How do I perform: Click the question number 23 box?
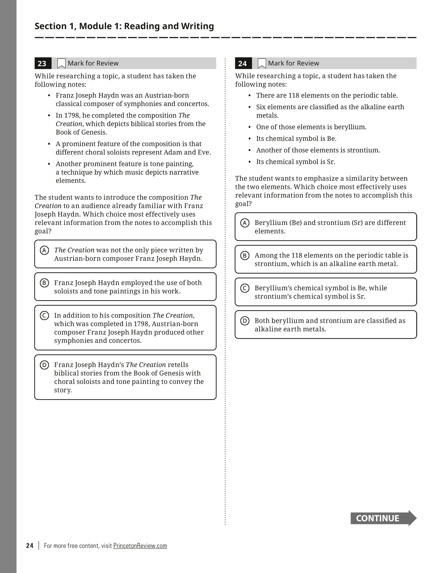point(43,63)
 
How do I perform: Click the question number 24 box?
point(243,63)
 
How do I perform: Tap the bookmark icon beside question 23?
point(61,63)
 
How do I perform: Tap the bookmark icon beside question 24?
point(262,63)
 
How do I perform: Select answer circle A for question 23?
point(44,250)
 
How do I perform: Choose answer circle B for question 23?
point(44,283)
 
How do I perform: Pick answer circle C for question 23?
point(44,315)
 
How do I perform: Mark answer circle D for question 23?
point(44,365)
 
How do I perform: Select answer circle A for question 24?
point(245,223)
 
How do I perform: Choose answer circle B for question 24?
point(245,255)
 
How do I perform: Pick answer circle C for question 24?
point(245,288)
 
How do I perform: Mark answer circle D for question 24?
point(245,321)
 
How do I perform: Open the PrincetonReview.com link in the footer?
point(140,546)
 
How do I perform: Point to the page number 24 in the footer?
point(30,546)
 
